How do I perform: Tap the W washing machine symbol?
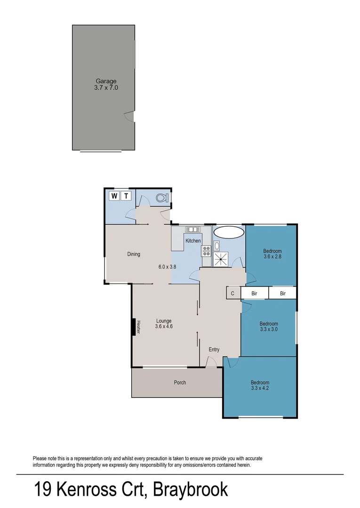click(114, 196)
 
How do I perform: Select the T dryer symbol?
click(126, 196)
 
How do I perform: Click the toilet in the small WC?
click(161, 198)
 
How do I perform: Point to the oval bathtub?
click(229, 232)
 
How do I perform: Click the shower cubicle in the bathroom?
click(221, 260)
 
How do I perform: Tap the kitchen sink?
click(193, 230)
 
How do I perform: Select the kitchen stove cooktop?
click(206, 251)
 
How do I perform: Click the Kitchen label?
click(193, 241)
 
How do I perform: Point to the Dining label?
click(134, 254)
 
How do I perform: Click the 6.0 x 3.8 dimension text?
click(167, 267)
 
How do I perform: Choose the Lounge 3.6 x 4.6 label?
click(164, 324)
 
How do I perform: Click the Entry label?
click(214, 349)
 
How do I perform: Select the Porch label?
click(180, 382)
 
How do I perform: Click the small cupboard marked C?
click(232, 293)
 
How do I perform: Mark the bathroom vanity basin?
click(216, 246)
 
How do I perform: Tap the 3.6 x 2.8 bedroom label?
click(272, 254)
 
